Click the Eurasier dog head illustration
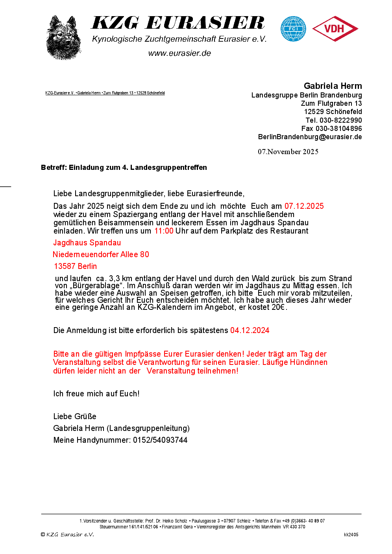tap(63, 38)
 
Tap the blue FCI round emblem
tap(293, 29)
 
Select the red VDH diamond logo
tap(335, 29)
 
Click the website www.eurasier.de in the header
tap(179, 53)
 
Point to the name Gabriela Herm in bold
tap(333, 86)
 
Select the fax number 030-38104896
tap(338, 129)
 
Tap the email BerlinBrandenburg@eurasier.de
tap(310, 137)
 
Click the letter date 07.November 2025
tap(288, 152)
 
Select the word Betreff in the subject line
tap(54, 167)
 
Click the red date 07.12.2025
tap(304, 206)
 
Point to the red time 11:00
tap(164, 231)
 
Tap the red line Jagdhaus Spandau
tap(87, 243)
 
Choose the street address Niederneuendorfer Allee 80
tap(101, 254)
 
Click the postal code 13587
tap(65, 266)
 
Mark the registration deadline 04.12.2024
tap(250, 330)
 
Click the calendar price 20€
tap(278, 307)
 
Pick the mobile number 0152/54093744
tap(160, 440)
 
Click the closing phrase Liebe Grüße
tap(75, 416)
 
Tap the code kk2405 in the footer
tap(351, 535)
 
